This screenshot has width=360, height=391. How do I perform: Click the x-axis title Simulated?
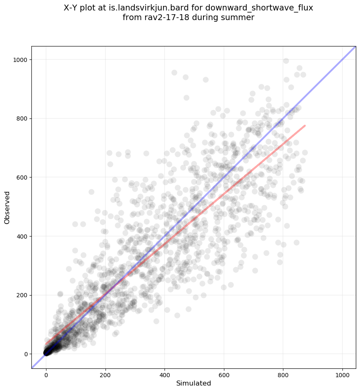[x=193, y=383]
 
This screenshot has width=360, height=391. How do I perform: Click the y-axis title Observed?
[x=7, y=207]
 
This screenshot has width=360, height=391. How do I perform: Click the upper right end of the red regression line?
[x=305, y=125]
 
